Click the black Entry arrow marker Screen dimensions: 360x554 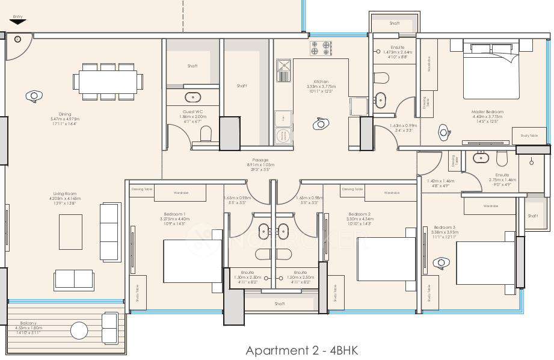coord(18,22)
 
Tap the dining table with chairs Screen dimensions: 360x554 coord(108,81)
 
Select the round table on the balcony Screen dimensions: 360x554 coord(79,331)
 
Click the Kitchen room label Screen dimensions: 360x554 coord(321,82)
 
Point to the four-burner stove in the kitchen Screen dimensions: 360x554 coord(321,48)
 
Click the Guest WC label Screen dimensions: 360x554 coord(192,111)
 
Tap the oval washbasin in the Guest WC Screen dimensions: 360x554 coord(193,96)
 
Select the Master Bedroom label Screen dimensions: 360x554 coord(487,111)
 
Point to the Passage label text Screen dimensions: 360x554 coord(260,160)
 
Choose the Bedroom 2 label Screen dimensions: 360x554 coord(359,214)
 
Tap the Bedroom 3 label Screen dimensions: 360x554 coord(445,228)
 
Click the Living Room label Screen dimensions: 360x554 coord(63,194)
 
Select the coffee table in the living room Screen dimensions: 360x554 coord(70,232)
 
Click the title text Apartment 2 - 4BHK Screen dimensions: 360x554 coord(301,350)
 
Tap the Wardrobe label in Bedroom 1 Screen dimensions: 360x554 coord(181,193)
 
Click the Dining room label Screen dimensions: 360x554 coord(65,114)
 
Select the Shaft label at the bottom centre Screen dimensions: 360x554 coord(279,304)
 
